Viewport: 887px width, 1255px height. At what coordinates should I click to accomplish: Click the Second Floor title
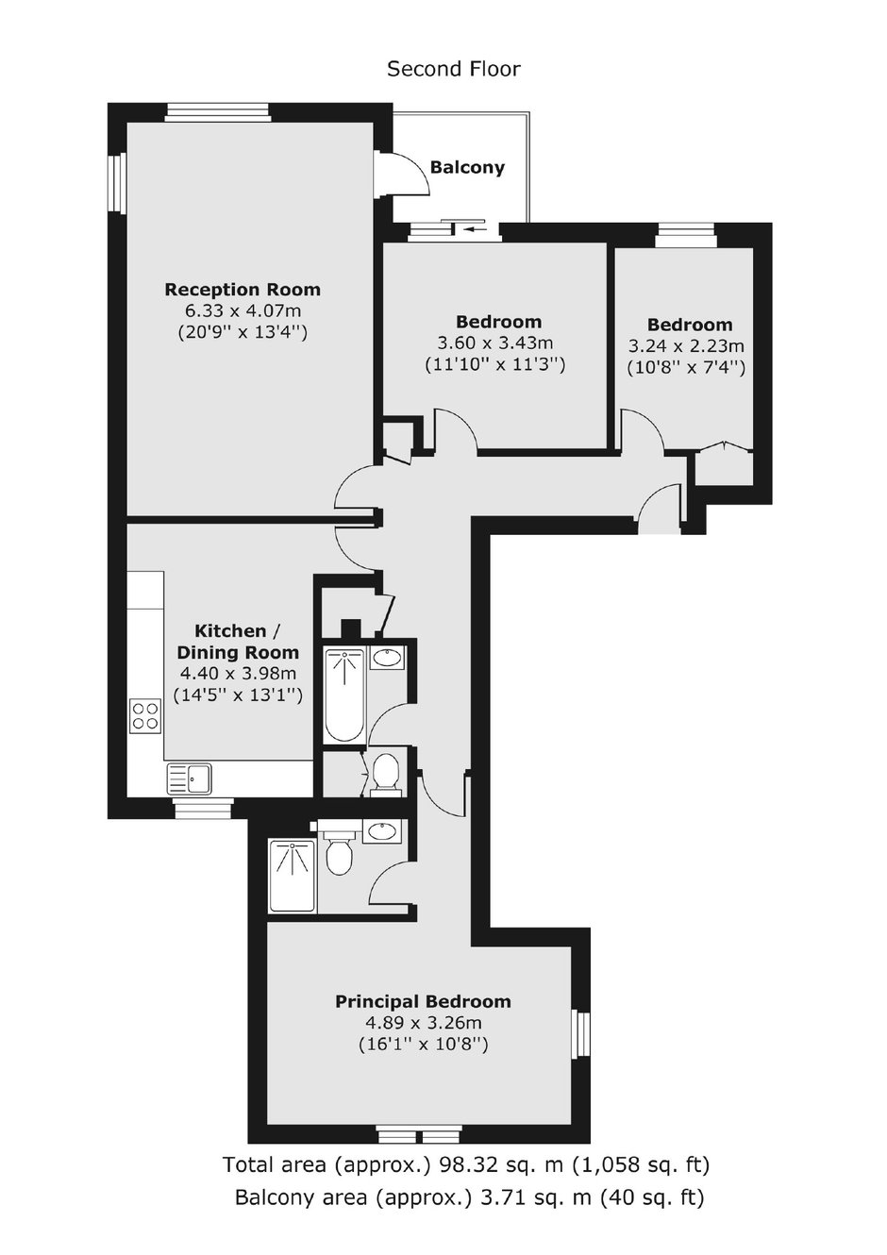[x=454, y=70]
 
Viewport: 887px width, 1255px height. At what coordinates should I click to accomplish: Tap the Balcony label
[x=467, y=168]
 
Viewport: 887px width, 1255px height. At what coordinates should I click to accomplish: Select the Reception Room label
[x=243, y=290]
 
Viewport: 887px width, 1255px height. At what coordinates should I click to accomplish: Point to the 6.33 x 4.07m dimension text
[x=243, y=311]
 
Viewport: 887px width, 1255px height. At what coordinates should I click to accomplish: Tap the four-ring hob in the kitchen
[x=145, y=715]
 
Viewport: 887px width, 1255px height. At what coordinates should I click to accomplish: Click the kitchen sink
[x=189, y=778]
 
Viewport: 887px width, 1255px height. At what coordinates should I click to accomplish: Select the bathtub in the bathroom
[x=344, y=694]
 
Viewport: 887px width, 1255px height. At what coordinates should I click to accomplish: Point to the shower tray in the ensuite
[x=292, y=875]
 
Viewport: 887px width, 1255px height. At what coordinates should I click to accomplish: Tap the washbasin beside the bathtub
[x=387, y=657]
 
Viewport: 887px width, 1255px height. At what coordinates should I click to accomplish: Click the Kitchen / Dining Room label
[x=238, y=642]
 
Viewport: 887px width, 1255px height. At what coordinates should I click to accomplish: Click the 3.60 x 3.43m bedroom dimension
[x=494, y=343]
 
